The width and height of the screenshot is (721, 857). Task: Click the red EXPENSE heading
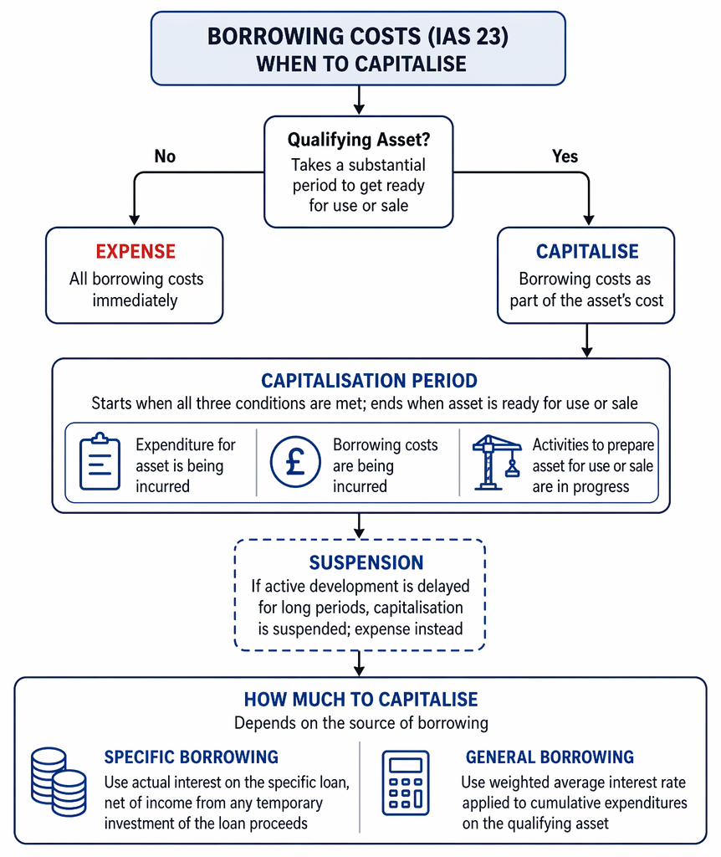[136, 251]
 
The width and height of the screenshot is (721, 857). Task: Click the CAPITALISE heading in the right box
[587, 251]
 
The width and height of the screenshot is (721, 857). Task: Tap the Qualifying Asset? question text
[359, 140]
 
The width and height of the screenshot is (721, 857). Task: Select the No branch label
[165, 157]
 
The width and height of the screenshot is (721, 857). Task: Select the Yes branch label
[565, 157]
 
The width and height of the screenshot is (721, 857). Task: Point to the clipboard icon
[100, 461]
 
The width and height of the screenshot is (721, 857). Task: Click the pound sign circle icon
[295, 462]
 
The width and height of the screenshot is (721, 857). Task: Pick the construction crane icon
[496, 462]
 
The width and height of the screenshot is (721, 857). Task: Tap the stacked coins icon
[59, 782]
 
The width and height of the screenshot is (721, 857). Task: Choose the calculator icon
[406, 783]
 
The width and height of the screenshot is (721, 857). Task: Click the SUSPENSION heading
[366, 563]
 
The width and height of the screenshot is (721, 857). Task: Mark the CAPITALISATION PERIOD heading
[369, 381]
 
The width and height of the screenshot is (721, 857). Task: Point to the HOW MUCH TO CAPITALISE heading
[360, 700]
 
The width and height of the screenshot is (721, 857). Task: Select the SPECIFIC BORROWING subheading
[192, 757]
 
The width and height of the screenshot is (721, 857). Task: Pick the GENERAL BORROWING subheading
[550, 757]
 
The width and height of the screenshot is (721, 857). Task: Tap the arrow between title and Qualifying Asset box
[359, 100]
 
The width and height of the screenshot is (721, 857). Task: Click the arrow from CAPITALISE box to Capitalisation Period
[586, 341]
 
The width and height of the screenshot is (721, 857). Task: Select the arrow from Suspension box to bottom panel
[359, 664]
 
